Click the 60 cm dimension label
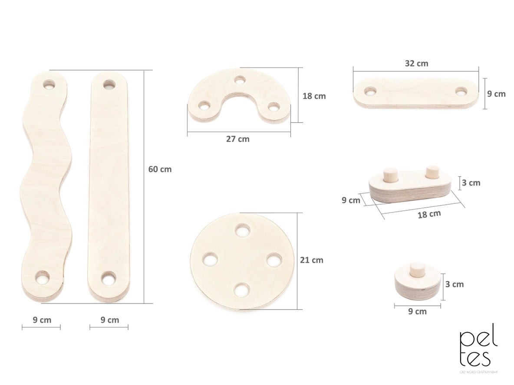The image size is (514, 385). tap(160, 170)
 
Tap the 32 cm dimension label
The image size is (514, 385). tap(416, 63)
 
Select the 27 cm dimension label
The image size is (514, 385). tap(237, 139)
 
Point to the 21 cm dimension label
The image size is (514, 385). tap(312, 260)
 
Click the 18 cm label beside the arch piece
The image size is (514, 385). tap(314, 96)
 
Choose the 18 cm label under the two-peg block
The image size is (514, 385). tap(429, 214)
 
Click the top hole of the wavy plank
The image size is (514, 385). tap(49, 85)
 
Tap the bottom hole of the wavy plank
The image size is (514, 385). tap(43, 277)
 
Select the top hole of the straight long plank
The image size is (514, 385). tap(109, 84)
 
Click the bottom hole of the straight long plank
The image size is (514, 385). tap(108, 277)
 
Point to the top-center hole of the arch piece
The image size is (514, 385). tap(240, 80)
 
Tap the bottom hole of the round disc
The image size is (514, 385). tap(242, 290)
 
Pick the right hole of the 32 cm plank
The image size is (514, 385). tap(461, 91)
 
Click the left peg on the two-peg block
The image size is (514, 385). tap(390, 176)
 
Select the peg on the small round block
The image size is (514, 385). tap(417, 270)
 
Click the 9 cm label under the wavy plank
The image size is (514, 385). tap(42, 320)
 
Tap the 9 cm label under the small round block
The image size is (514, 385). tap(417, 311)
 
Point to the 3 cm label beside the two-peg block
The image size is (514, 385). tap(471, 183)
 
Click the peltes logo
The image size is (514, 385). tap(478, 349)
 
